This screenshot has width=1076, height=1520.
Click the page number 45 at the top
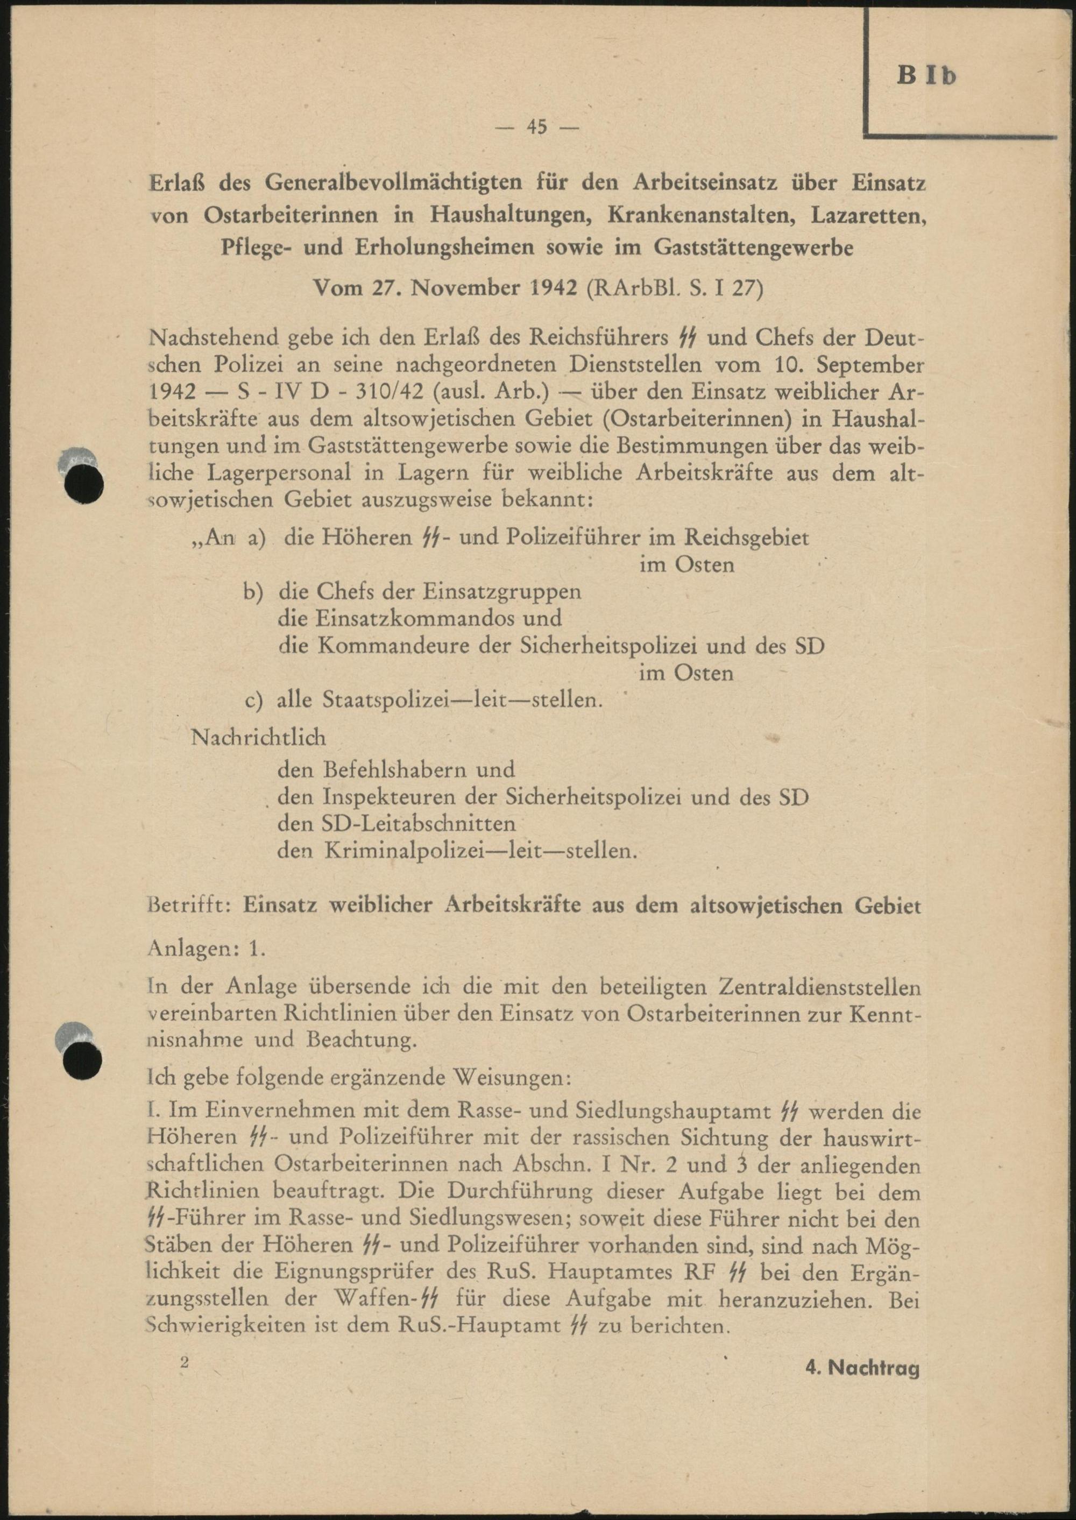(x=537, y=126)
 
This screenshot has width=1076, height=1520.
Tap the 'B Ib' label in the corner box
(x=927, y=75)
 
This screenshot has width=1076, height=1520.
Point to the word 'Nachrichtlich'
(x=258, y=736)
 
